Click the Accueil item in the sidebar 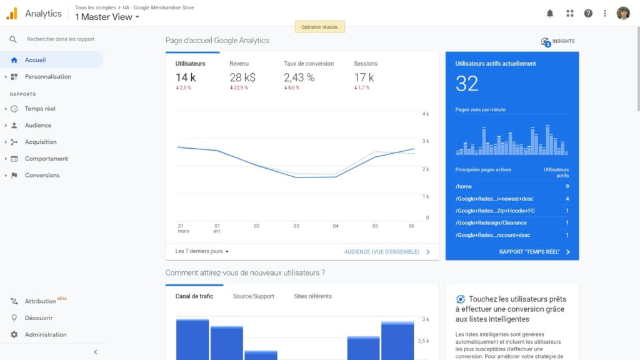tap(35, 60)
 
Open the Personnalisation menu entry tap(47, 77)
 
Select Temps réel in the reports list tap(40, 109)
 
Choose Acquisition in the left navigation tap(41, 142)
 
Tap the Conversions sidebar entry tap(42, 176)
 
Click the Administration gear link tap(45, 335)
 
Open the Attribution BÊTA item tap(41, 301)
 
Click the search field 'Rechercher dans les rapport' tap(61, 39)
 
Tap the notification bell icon tap(550, 13)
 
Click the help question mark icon tap(588, 13)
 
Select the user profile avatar tap(623, 13)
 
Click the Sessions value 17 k tap(364, 77)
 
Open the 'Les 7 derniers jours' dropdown tap(202, 251)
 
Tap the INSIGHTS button tap(557, 42)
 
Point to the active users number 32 tap(467, 84)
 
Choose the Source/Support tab tap(254, 296)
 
